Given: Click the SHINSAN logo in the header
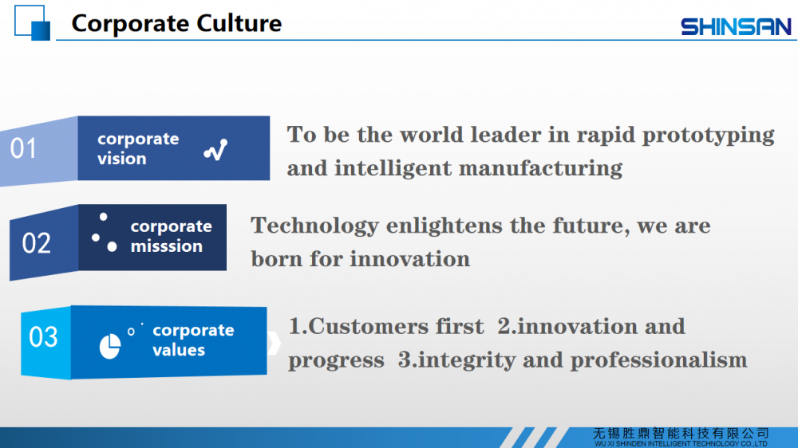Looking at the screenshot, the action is point(736,27).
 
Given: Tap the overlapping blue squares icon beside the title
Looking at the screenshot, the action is point(32,22).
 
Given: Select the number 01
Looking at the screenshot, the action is point(23,148).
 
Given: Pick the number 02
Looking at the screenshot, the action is point(36,243).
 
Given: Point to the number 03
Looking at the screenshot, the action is point(43,337).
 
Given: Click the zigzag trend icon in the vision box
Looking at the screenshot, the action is point(215,150).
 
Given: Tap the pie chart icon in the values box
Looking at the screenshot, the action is point(110,347).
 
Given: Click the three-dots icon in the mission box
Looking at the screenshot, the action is point(104,233).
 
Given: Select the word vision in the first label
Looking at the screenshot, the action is point(121,159).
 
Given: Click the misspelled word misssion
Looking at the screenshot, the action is point(167,246).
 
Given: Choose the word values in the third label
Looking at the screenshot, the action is point(179,350).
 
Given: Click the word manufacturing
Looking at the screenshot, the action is point(540,168).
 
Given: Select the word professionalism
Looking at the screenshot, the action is point(658,360).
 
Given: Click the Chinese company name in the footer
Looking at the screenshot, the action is point(681,434).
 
